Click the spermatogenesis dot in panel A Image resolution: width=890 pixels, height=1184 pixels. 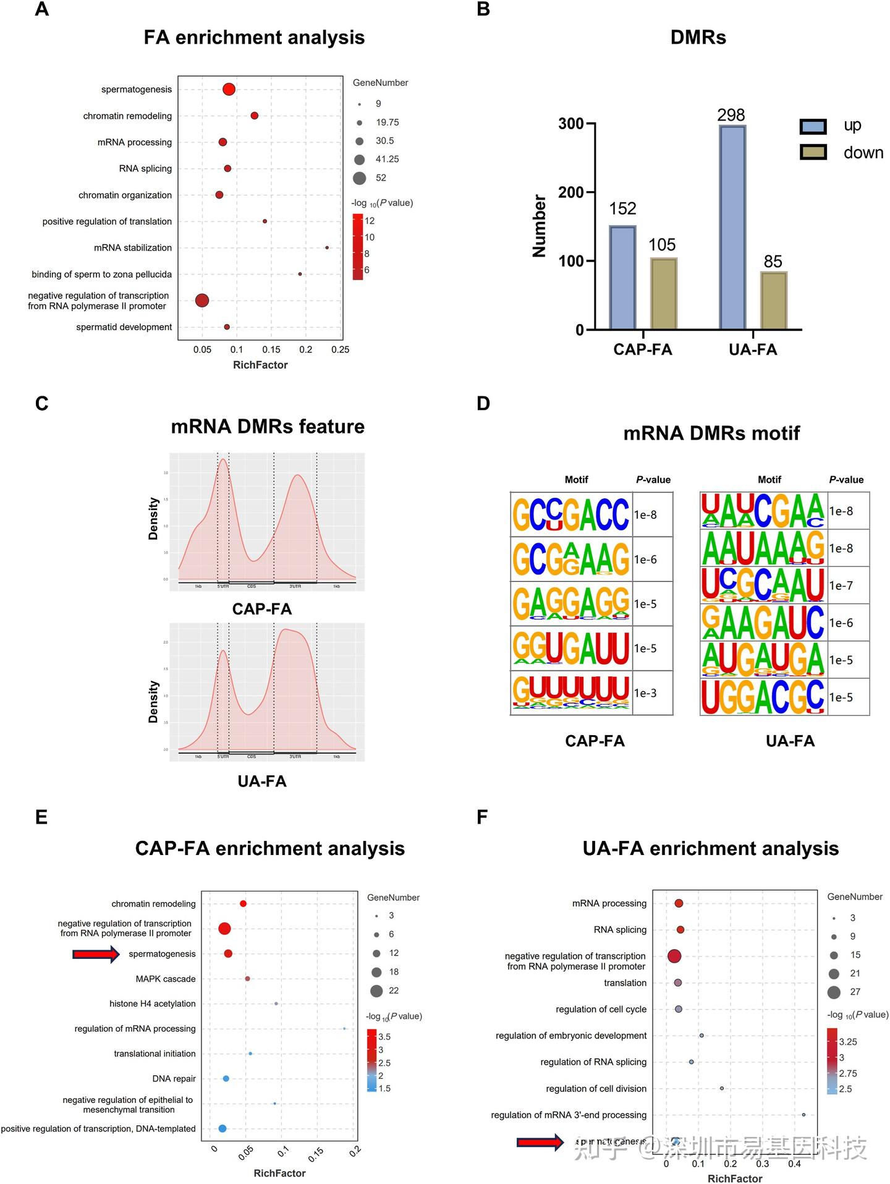tap(229, 89)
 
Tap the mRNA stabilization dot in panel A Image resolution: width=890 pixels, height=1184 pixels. tap(327, 247)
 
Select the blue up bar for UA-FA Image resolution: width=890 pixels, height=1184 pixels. tap(732, 228)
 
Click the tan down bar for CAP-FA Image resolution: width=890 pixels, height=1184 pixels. tap(663, 294)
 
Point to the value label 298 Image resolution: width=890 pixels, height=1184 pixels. tap(731, 115)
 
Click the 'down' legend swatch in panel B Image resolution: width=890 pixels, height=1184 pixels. tap(813, 152)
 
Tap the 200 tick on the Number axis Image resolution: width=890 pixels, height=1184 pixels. tap(571, 192)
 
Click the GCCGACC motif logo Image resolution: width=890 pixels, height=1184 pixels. tap(570, 514)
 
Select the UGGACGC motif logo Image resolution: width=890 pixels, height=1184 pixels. tap(763, 697)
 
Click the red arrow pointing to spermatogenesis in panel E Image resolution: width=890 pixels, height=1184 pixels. tap(96, 954)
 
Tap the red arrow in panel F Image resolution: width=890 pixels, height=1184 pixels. tap(540, 1142)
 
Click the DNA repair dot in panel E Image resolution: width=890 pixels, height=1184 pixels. tap(226, 1078)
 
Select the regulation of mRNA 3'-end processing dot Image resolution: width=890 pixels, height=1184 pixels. tap(803, 1115)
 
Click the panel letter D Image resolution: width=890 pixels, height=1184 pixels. tap(483, 404)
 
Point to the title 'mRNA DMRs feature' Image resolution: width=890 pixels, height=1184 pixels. tap(268, 427)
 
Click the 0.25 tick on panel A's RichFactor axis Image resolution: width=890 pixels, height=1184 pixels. tap(340, 350)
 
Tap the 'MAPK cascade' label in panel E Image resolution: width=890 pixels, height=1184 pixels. tap(166, 979)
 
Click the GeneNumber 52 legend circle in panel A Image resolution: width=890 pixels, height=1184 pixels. tap(360, 179)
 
